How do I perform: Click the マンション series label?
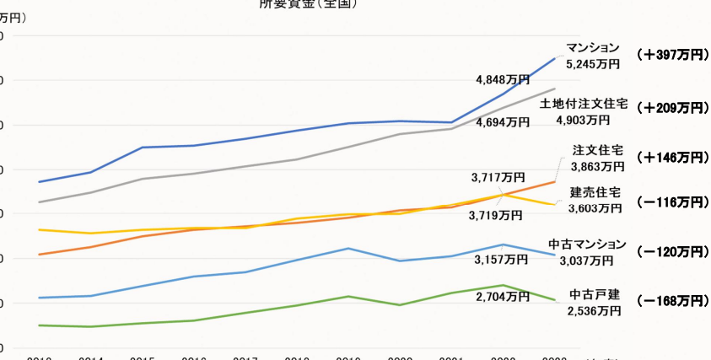(x=593, y=47)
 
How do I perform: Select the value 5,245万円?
(x=593, y=63)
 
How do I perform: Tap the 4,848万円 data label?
(x=503, y=80)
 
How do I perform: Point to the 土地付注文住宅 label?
(x=584, y=104)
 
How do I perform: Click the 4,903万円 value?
(x=583, y=120)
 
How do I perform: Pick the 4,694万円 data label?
(x=503, y=122)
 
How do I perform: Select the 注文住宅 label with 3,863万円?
(x=596, y=151)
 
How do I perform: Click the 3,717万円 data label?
(x=498, y=178)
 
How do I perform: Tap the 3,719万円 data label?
(x=495, y=215)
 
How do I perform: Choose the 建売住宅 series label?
(x=595, y=192)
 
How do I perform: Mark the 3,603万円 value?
(x=595, y=208)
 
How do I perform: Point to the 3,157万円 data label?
(x=501, y=260)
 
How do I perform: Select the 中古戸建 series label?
(x=594, y=295)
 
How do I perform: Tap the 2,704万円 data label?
(x=503, y=297)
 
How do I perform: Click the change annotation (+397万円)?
(x=672, y=55)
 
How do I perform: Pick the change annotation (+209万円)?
(x=672, y=108)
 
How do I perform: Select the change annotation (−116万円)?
(x=672, y=202)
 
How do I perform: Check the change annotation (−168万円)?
(x=672, y=301)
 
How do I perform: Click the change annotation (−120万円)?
(x=672, y=252)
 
